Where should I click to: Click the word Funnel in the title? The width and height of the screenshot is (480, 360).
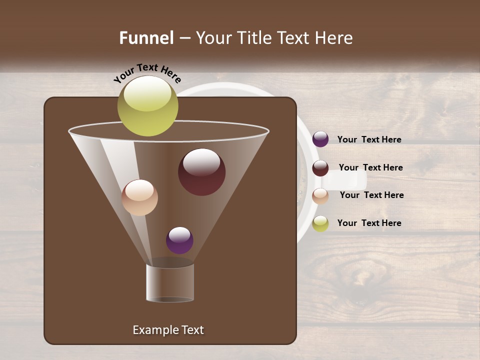click(x=146, y=38)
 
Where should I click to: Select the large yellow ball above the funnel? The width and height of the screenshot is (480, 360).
click(x=148, y=105)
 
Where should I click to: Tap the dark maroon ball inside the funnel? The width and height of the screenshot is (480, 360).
click(x=201, y=172)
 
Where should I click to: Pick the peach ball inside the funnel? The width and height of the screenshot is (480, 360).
click(x=139, y=197)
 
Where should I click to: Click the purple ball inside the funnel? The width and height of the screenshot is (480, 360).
click(x=179, y=240)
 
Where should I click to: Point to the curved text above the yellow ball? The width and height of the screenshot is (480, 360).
click(x=147, y=73)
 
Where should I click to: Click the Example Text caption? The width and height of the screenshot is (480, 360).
click(x=168, y=330)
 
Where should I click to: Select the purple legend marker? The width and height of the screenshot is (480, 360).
click(x=320, y=139)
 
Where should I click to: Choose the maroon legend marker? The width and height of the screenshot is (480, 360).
click(x=320, y=168)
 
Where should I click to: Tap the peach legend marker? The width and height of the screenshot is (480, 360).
click(x=320, y=196)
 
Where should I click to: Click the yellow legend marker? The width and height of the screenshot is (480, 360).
click(x=320, y=223)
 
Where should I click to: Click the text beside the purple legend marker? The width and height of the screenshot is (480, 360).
click(x=369, y=139)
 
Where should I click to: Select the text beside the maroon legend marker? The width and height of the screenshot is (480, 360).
click(x=370, y=167)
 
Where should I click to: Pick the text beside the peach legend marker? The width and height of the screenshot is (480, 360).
click(x=371, y=195)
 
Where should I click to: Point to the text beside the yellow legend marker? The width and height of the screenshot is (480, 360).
click(x=369, y=223)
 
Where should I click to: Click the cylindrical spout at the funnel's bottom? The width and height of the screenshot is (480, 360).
click(x=170, y=282)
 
